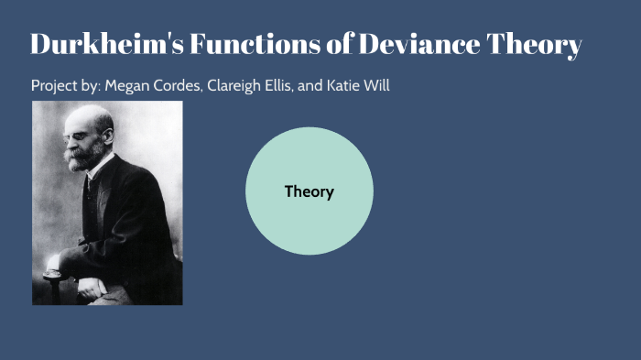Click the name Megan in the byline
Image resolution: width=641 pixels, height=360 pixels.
pyautogui.click(x=125, y=86)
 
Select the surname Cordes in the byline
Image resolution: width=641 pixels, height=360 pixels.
pyautogui.click(x=176, y=86)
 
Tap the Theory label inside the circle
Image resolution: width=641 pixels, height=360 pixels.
pyautogui.click(x=310, y=191)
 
